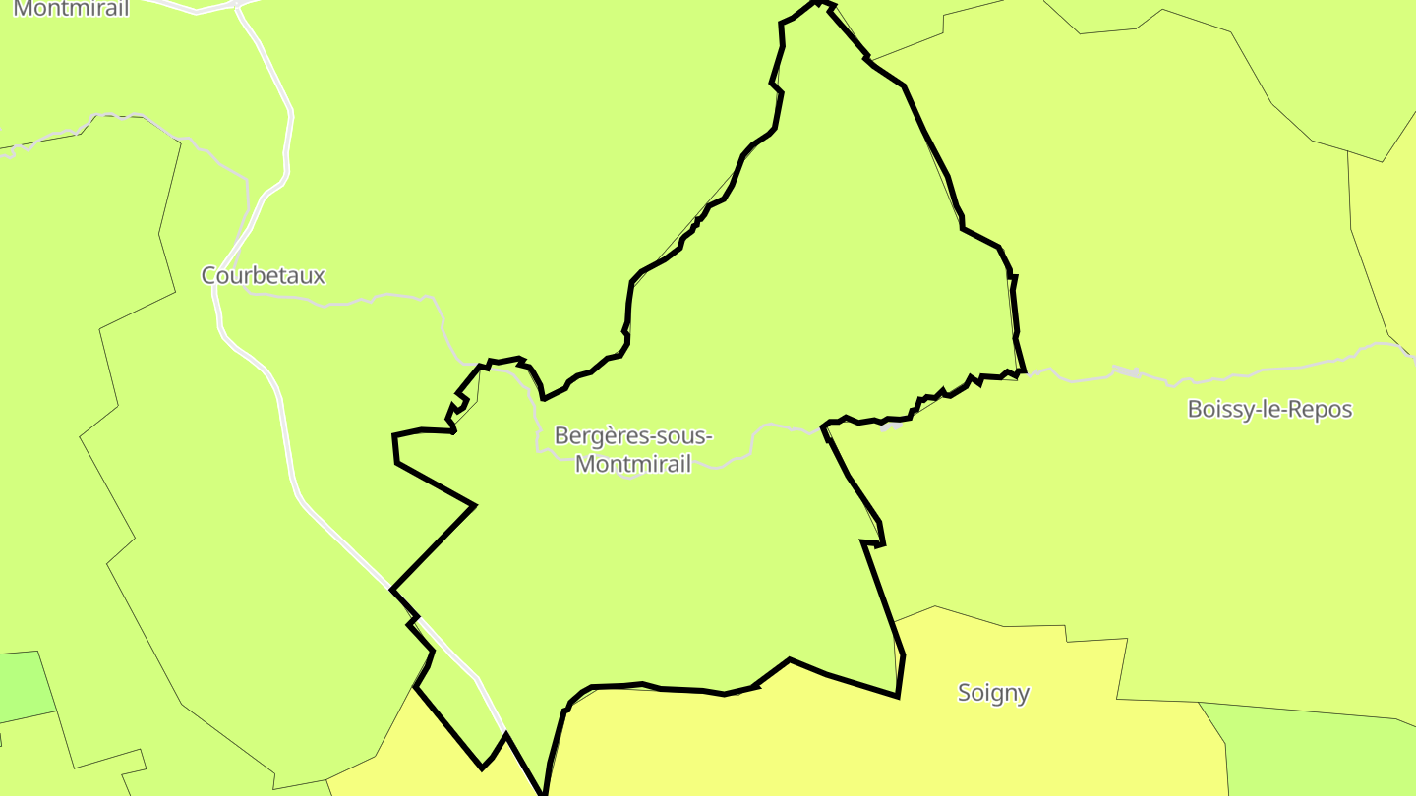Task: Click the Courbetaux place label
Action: (x=263, y=276)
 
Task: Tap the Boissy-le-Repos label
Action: (x=1269, y=410)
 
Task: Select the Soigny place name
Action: (x=993, y=693)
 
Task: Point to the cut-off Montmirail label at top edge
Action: (x=72, y=9)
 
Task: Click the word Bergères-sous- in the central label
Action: (x=632, y=436)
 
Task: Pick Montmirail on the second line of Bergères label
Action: (x=632, y=464)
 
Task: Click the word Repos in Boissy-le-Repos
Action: (x=1322, y=410)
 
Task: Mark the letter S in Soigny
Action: (x=965, y=693)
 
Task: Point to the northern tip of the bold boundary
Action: (x=816, y=3)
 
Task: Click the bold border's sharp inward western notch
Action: (x=474, y=506)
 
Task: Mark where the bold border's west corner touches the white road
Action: (x=392, y=590)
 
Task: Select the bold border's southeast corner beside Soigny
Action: (x=898, y=696)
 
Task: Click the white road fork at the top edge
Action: (x=238, y=5)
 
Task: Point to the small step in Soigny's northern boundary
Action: (x=1067, y=633)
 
